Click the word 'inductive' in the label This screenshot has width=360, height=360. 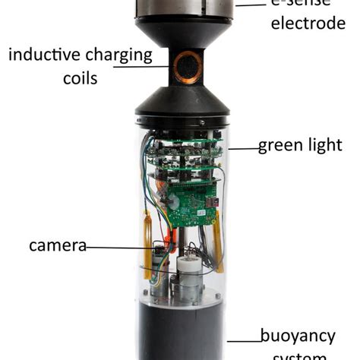pos(43,55)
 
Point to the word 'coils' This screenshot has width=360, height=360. pos(78,78)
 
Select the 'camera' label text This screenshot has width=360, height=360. pos(57,245)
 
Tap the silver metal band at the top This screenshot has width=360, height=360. pos(182,8)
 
